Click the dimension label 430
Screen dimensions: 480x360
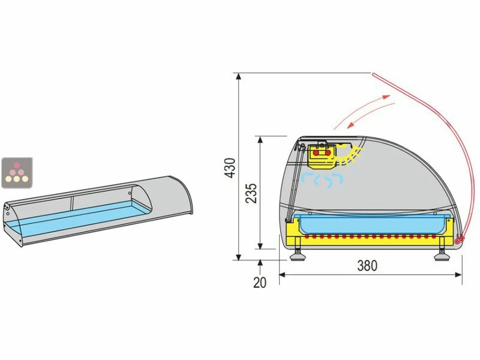(x=230, y=167)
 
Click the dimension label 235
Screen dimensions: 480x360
(x=251, y=193)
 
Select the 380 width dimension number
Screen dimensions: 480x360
(x=367, y=266)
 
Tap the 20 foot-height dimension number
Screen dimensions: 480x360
(x=260, y=283)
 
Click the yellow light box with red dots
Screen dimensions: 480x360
(x=322, y=156)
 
